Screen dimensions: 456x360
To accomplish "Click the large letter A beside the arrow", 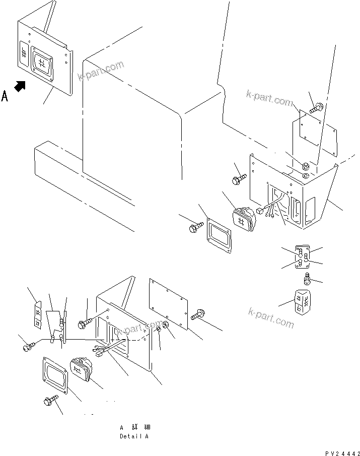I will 5,95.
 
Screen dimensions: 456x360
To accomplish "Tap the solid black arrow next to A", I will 20,86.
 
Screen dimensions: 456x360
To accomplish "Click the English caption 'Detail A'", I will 134,436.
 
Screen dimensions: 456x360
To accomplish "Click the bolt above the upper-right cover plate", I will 317,107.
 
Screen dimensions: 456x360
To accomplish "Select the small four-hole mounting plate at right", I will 303,257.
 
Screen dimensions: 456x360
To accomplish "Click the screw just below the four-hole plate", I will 306,278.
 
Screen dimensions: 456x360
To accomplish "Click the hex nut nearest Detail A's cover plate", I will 166,332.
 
